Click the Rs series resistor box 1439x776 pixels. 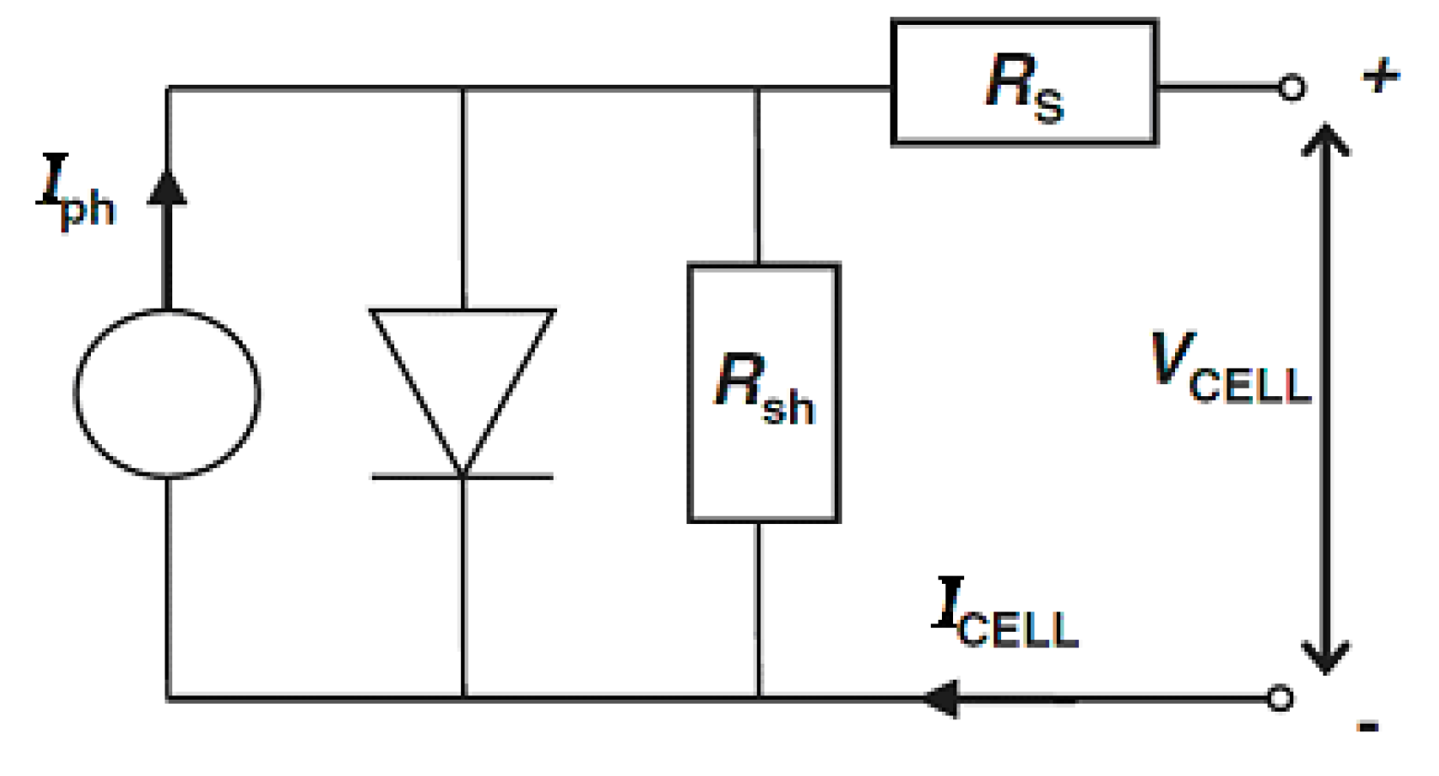pyautogui.click(x=1024, y=83)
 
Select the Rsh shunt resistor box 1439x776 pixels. pyautogui.click(x=764, y=393)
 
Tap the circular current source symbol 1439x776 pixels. pyautogui.click(x=167, y=394)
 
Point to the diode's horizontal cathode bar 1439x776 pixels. pyautogui.click(x=463, y=477)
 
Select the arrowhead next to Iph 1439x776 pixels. pyautogui.click(x=167, y=189)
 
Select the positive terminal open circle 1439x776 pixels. pyautogui.click(x=1292, y=87)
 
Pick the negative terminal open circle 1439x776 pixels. pyautogui.click(x=1280, y=699)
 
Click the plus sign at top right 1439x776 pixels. pyautogui.click(x=1381, y=76)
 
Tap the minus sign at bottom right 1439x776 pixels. pyautogui.click(x=1368, y=728)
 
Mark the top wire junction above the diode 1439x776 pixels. pyautogui.click(x=463, y=88)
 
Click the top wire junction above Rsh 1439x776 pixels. pyautogui.click(x=758, y=88)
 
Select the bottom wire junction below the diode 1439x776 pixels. pyautogui.click(x=463, y=699)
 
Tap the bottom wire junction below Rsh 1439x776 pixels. pyautogui.click(x=758, y=699)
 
